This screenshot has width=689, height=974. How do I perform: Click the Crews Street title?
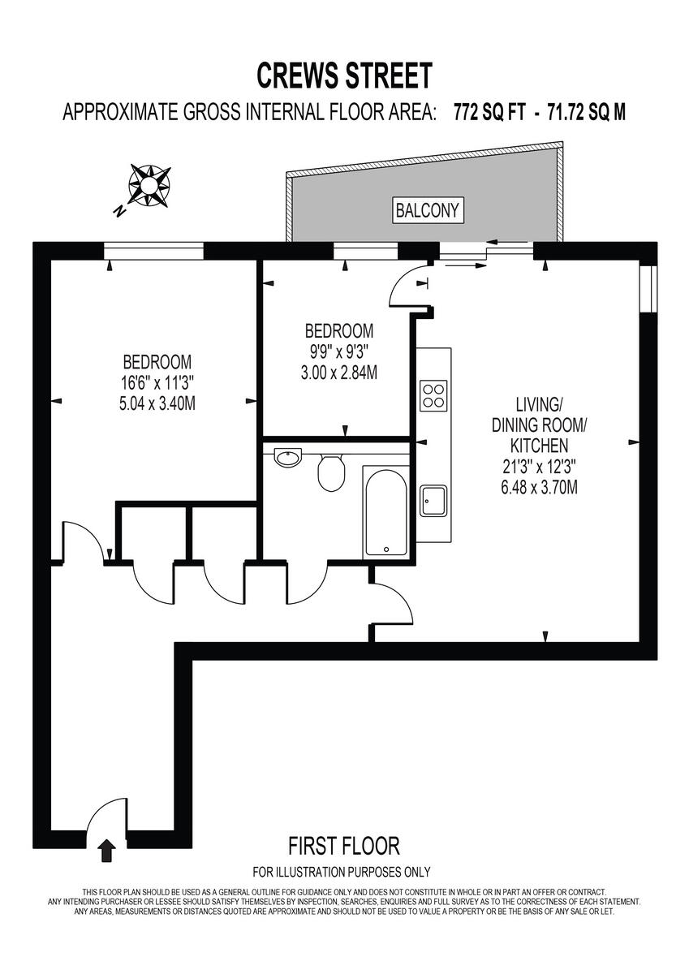click(x=344, y=75)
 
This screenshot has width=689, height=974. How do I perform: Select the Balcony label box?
click(x=427, y=211)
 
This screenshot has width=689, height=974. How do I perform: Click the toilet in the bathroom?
click(x=330, y=472)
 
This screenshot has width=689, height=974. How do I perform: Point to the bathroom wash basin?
click(x=287, y=458)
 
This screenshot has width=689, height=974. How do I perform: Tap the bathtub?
click(x=386, y=511)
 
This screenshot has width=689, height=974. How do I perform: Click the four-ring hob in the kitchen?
click(x=434, y=395)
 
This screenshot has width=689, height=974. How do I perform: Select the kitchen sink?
click(x=433, y=500)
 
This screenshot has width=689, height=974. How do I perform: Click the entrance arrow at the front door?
click(x=106, y=851)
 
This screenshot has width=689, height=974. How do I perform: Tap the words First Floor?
click(x=344, y=847)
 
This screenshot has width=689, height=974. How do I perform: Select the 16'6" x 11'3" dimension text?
click(x=157, y=382)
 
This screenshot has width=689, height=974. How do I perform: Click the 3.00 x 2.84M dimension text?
click(x=339, y=373)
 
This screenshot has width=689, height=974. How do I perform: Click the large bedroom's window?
click(x=153, y=250)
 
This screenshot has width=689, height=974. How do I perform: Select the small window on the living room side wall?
click(x=648, y=288)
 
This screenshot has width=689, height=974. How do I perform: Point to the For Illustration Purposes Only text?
click(x=342, y=873)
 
